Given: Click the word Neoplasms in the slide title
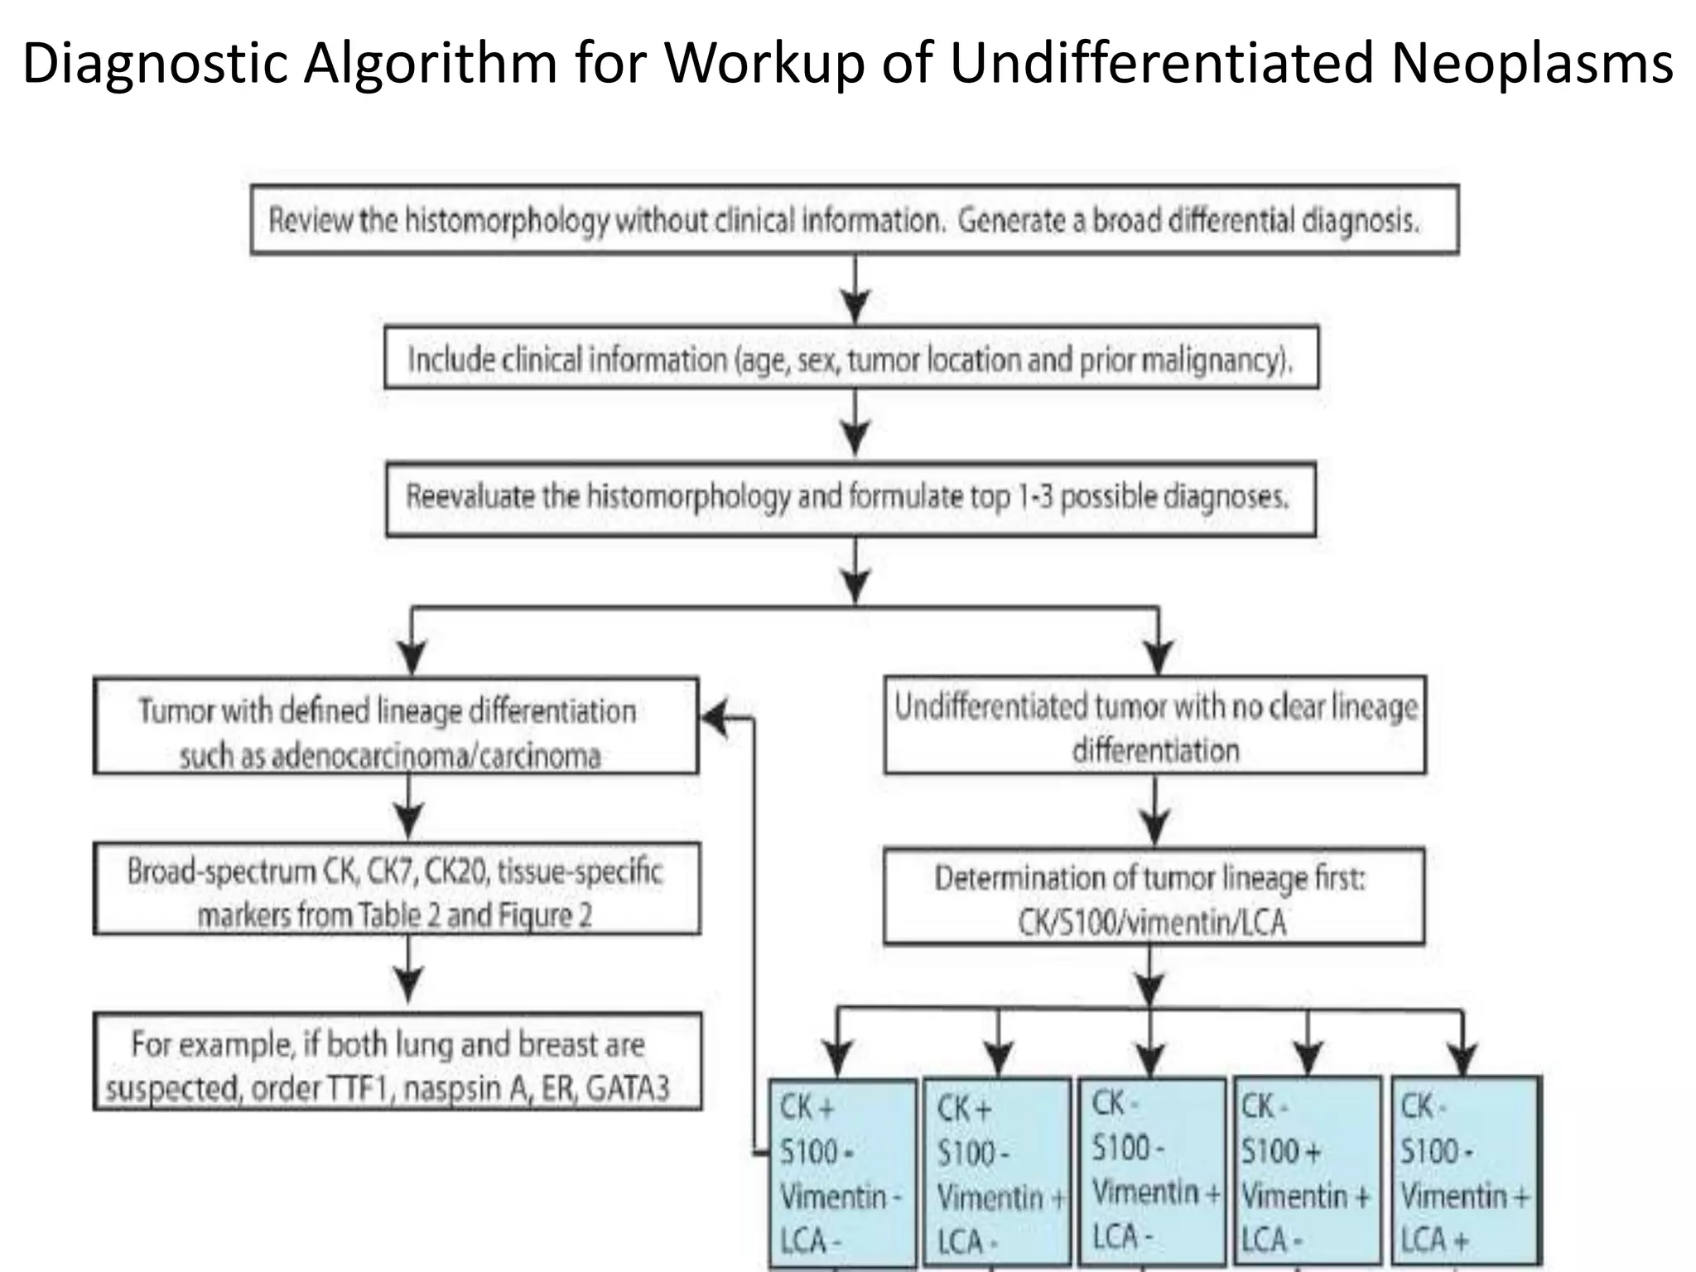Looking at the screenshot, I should click(x=1532, y=63).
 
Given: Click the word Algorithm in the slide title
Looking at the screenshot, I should click(x=430, y=63).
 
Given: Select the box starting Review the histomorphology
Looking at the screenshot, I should click(x=854, y=219).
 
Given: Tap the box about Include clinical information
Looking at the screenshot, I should click(x=851, y=358).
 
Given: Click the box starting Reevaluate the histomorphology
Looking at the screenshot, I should click(x=850, y=499).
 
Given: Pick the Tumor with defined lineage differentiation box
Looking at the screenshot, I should click(x=395, y=726).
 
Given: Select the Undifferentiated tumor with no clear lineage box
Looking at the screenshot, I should click(x=1154, y=726).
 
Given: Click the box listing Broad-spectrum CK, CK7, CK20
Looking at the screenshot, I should click(x=397, y=889).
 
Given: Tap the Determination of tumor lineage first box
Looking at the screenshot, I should click(x=1154, y=896).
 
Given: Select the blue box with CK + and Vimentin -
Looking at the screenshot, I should click(x=842, y=1173).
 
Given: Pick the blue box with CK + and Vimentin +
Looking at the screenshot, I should click(x=996, y=1173).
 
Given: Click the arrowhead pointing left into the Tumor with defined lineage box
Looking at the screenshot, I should click(x=714, y=719).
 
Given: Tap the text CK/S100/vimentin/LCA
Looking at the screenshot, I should click(x=1152, y=922).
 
